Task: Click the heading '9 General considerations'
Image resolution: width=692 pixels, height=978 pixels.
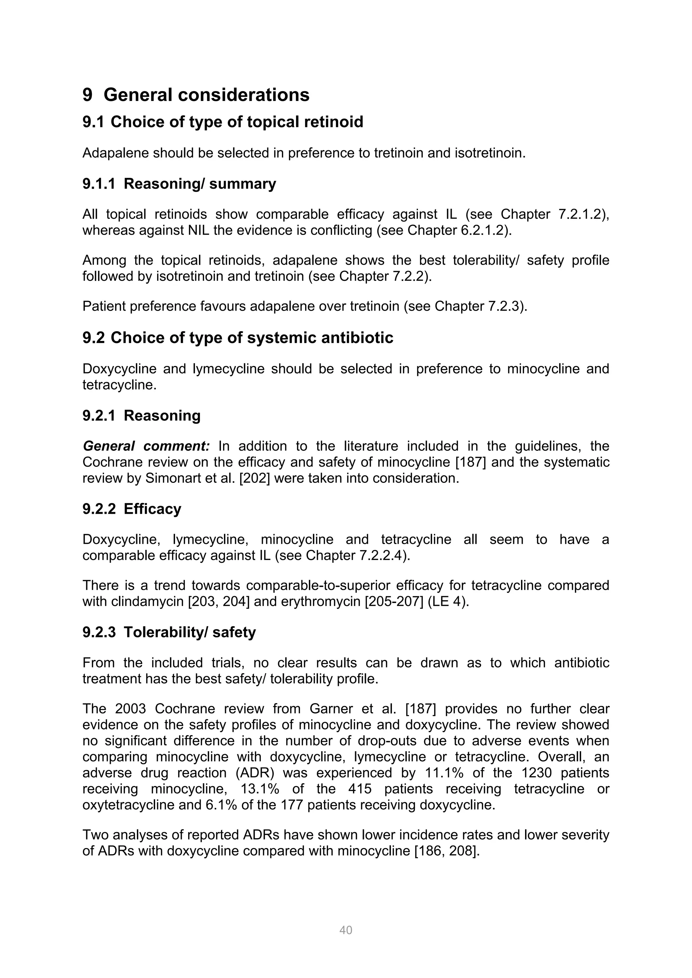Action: [x=196, y=95]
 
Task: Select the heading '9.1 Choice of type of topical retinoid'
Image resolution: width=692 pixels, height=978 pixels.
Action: [x=223, y=122]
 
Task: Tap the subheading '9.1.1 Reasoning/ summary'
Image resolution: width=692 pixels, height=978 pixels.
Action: [x=179, y=184]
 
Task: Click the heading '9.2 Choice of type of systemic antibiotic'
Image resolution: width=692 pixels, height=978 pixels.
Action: [x=238, y=338]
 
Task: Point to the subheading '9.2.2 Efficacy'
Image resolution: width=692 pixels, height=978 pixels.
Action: [x=132, y=509]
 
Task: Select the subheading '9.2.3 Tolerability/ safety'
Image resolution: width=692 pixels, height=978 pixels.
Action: [x=169, y=632]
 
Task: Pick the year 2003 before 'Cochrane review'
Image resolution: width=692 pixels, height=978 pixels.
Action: [x=130, y=709]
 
